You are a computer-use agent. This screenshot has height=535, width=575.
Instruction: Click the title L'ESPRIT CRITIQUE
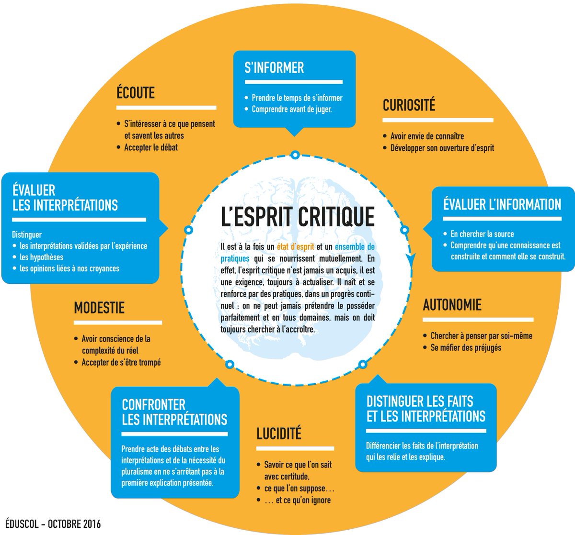pos(298,216)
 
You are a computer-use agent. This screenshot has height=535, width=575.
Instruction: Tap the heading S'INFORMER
pos(274,68)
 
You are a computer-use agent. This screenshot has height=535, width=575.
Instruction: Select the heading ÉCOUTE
pos(136,93)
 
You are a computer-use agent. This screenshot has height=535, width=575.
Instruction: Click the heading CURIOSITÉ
pos(409,105)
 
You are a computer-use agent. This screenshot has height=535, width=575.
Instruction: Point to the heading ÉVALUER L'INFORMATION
pos(502,205)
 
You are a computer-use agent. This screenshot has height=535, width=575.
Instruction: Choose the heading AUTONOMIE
pos(452,305)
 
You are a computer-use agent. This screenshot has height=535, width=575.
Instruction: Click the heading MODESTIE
pos(99,308)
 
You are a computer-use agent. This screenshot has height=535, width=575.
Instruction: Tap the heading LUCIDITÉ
pos(279,434)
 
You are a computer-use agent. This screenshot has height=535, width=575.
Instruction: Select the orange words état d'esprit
pos(295,247)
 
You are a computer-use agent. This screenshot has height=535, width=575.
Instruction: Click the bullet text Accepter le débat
pos(150,147)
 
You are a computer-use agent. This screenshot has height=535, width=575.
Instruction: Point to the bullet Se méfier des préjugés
pos(465,347)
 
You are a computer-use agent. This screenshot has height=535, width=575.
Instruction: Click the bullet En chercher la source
pos(482,234)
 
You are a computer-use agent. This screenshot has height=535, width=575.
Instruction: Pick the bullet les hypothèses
pos(42,257)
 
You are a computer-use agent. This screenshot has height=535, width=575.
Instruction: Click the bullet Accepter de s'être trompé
pos(121,363)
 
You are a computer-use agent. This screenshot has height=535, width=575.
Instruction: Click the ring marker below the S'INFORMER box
pos(295,155)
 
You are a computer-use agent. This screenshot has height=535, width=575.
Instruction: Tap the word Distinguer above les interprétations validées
pos(27,235)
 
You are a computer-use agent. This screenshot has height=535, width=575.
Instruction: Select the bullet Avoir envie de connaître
pos(427,136)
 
